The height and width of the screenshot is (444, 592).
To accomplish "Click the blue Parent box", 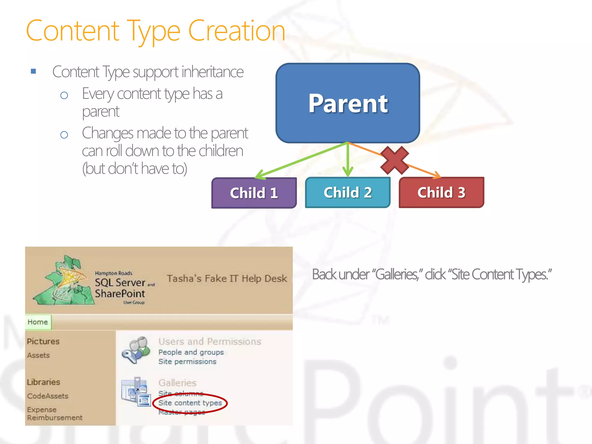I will (x=348, y=103).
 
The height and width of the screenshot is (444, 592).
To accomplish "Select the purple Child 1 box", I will (x=254, y=193).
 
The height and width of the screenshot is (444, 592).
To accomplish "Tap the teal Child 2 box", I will (x=348, y=193).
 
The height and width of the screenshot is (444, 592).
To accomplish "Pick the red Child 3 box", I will (x=441, y=193).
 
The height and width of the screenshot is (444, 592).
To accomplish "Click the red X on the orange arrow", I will (x=395, y=160).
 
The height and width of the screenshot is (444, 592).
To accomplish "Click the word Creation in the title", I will (x=236, y=31).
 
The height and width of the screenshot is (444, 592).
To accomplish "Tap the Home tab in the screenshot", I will (x=38, y=322).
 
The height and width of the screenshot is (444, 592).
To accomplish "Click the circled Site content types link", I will (x=190, y=403).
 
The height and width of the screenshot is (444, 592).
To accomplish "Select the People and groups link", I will (x=191, y=352).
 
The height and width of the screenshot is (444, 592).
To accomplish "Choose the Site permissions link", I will (x=187, y=362).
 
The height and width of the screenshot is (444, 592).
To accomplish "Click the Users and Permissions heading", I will (x=210, y=342).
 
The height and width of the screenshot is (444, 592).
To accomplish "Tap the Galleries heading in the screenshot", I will (x=177, y=383).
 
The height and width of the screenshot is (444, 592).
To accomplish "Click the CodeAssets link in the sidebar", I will (x=48, y=396).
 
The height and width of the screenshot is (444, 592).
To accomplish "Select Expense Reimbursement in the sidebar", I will (x=55, y=414).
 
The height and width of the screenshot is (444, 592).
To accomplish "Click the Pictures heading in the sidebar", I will (x=43, y=341).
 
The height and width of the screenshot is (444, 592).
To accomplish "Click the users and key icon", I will (x=136, y=350).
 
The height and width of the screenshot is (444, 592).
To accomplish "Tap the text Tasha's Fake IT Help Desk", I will (x=227, y=278).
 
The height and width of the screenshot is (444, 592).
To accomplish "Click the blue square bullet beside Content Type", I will (x=34, y=71).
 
